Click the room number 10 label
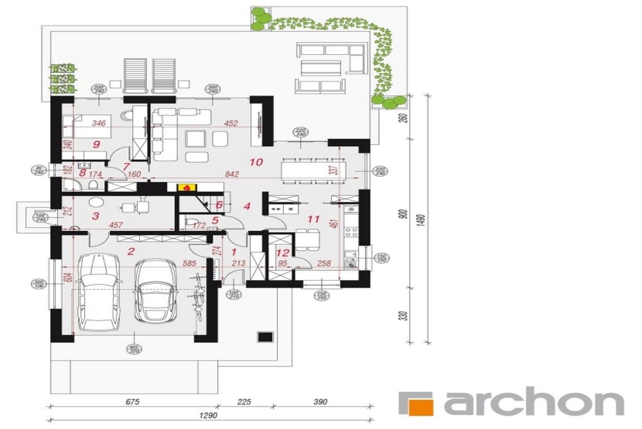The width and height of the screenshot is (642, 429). [x=256, y=162]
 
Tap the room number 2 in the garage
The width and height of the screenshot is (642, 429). [x=131, y=251]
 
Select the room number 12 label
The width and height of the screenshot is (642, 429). [x=283, y=253]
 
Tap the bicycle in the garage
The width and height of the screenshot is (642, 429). [x=199, y=296]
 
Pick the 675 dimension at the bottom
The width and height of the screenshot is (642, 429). [x=132, y=401]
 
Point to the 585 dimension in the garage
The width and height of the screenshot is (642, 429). [x=189, y=262]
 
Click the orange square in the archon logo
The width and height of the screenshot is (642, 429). [x=420, y=403]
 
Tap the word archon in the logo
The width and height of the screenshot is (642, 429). [x=534, y=403]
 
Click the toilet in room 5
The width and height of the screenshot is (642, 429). [x=191, y=222]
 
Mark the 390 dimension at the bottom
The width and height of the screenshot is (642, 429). [x=320, y=401]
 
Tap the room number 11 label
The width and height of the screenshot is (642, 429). [x=313, y=219]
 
